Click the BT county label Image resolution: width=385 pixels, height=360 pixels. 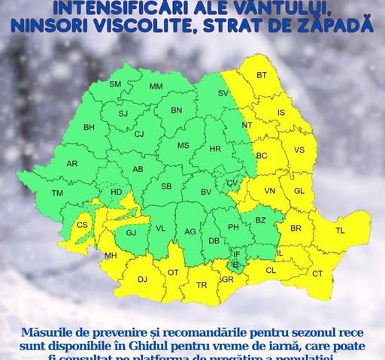[x=262, y=75]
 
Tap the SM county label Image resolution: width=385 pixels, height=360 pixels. [x=115, y=83]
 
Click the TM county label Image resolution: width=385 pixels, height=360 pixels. [x=57, y=193]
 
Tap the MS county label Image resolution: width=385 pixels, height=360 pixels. [x=183, y=147]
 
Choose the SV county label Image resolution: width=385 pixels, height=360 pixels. [x=223, y=92]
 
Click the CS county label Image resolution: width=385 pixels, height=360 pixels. [x=83, y=225]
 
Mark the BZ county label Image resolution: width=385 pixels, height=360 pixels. [x=261, y=221]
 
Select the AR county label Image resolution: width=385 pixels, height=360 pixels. [x=72, y=163]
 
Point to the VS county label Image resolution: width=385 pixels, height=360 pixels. [x=299, y=150]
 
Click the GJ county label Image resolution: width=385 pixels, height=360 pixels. [x=131, y=233]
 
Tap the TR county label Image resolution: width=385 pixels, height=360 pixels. [x=202, y=285]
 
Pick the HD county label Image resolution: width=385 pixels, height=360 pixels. [x=116, y=192]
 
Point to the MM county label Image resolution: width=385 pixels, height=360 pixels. [x=156, y=87]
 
